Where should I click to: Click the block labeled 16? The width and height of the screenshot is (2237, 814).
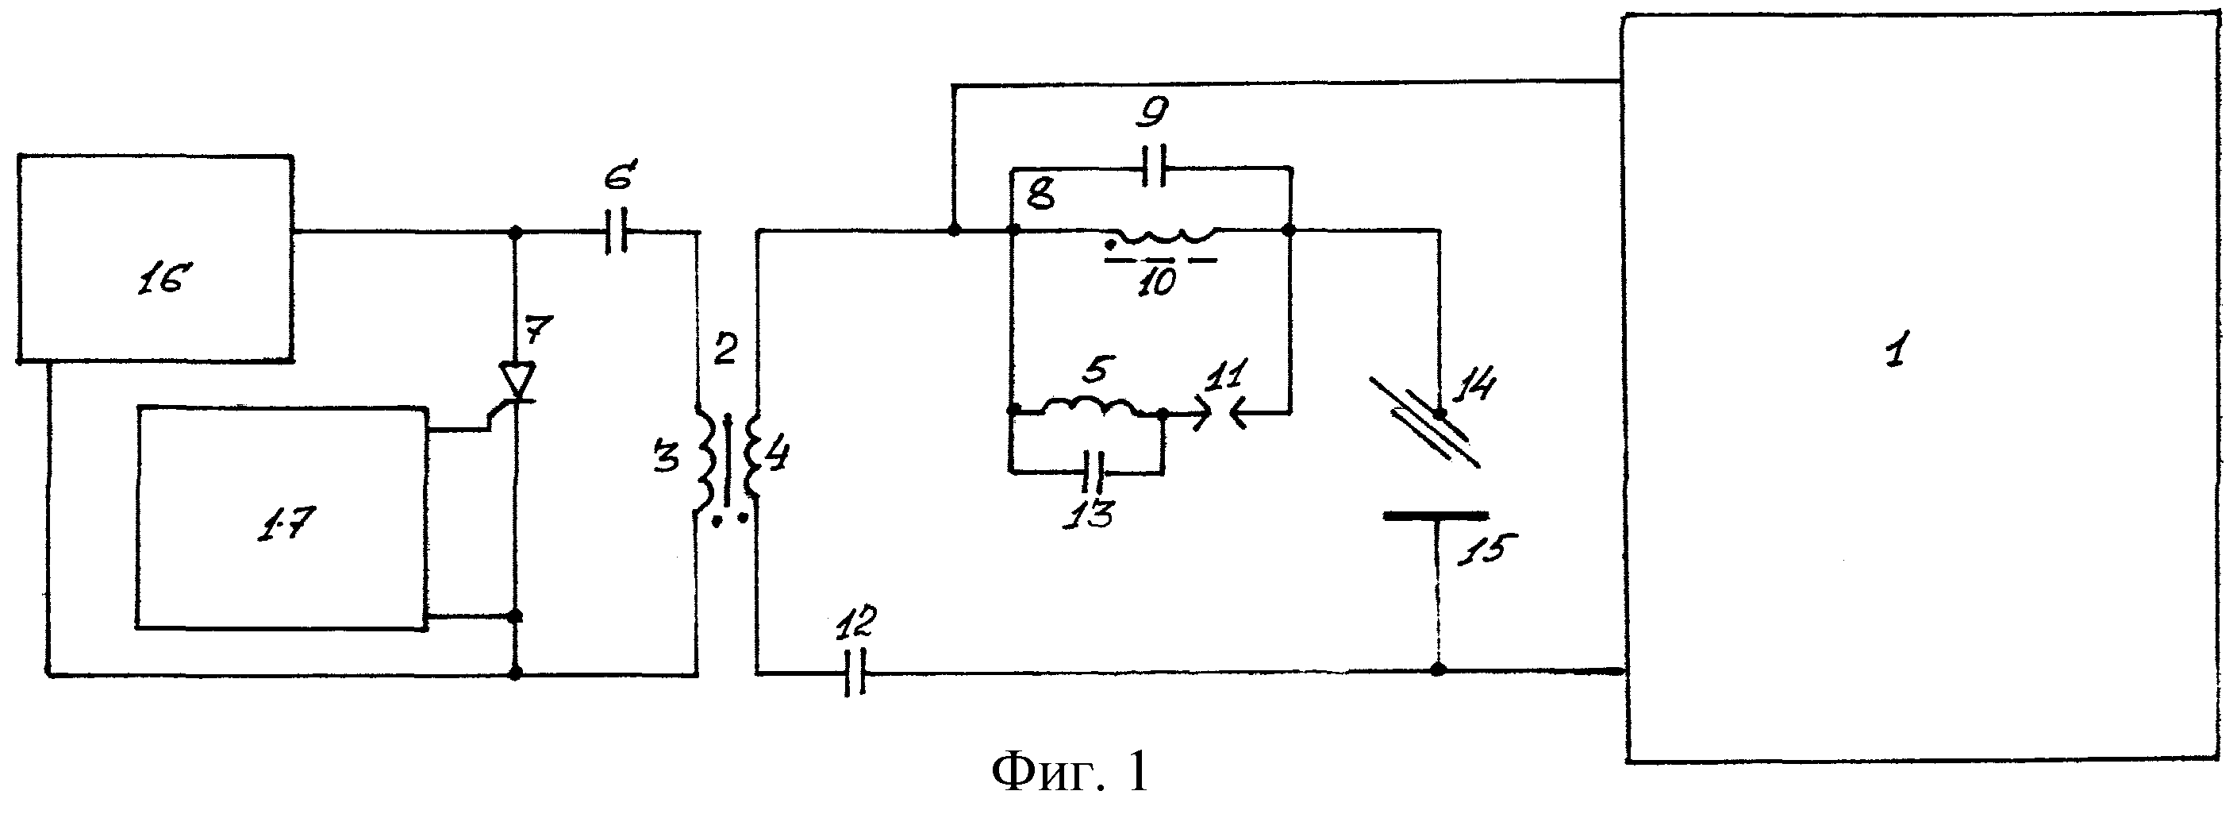(x=156, y=259)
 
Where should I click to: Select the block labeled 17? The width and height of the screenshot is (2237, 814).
(x=283, y=517)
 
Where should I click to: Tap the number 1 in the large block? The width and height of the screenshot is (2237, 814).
(x=1895, y=352)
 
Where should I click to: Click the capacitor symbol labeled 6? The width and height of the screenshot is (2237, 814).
(x=616, y=232)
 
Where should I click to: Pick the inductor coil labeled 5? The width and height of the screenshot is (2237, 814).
(x=1089, y=407)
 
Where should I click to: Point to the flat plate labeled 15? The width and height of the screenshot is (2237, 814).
(x=1435, y=516)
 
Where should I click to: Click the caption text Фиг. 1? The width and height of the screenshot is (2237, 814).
(x=1070, y=770)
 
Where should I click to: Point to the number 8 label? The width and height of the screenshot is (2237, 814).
(x=1040, y=195)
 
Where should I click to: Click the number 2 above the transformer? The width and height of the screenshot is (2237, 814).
(x=725, y=349)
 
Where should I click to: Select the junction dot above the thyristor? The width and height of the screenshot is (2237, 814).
(x=515, y=233)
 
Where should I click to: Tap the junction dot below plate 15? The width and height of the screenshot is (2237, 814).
(x=1438, y=669)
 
